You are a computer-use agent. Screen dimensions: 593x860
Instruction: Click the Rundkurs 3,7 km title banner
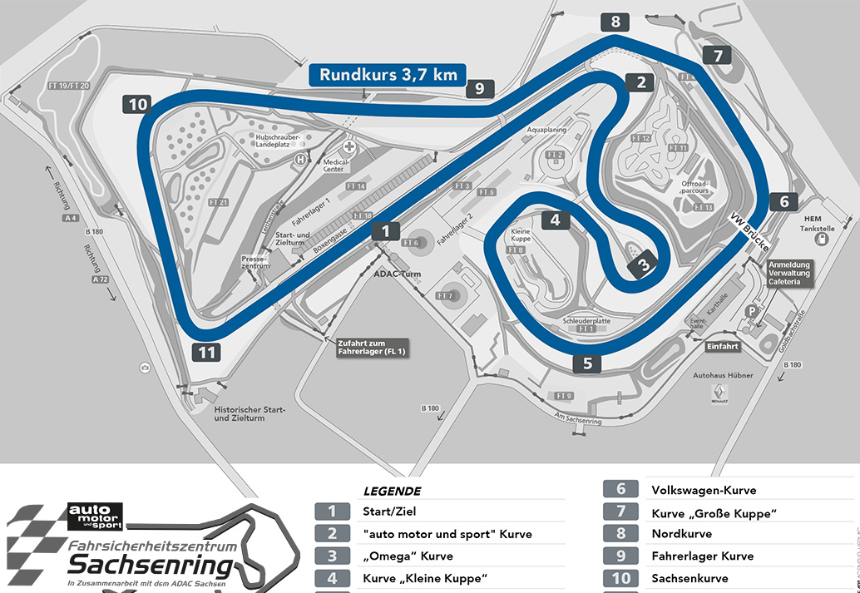(388, 74)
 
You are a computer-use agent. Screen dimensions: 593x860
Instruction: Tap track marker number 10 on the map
(138, 105)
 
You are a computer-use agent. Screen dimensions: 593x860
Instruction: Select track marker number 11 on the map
(207, 352)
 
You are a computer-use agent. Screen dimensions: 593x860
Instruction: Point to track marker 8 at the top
(615, 22)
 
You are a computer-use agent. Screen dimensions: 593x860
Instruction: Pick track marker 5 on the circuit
(587, 363)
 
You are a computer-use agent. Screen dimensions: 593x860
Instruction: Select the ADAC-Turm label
(399, 274)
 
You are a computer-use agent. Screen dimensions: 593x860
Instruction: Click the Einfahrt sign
(723, 346)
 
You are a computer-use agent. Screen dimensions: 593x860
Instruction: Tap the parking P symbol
(752, 311)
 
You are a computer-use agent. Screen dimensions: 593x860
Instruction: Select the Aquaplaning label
(546, 131)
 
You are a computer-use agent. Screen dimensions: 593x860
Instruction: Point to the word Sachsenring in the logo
(151, 567)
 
